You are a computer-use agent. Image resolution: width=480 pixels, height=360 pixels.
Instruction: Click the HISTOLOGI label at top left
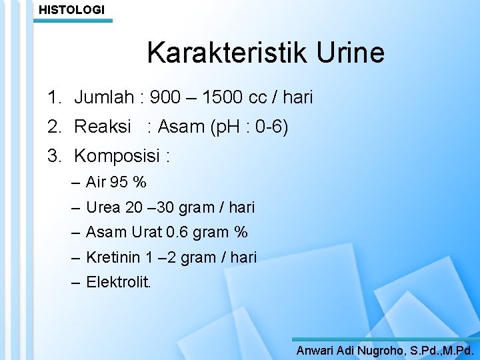point(71,9)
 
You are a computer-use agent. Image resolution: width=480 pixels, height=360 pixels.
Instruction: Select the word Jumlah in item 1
point(104,98)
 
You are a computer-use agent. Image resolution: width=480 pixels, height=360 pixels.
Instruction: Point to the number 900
point(165,98)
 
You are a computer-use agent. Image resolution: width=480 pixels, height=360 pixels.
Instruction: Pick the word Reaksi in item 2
point(103,127)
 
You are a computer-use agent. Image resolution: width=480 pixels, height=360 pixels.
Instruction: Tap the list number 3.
point(53,156)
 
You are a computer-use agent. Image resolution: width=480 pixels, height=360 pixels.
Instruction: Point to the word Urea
point(103,207)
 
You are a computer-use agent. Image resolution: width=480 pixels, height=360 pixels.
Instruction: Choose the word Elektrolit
point(119,282)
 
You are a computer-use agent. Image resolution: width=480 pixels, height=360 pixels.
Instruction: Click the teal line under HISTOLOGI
point(73,21)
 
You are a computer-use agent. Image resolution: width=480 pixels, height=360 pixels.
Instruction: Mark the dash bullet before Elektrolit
point(76,282)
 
